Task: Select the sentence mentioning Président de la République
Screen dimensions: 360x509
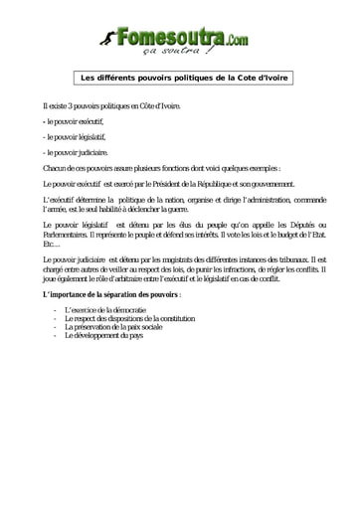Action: tap(169, 185)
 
